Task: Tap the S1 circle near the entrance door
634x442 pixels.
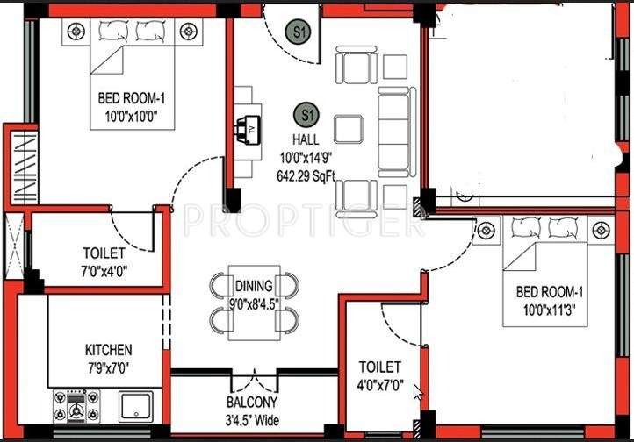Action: pos(301,32)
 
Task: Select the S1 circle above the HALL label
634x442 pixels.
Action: pos(306,114)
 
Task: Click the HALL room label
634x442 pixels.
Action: pos(306,139)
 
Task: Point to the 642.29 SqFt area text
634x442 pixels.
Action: pos(307,174)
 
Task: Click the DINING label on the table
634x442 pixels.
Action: pos(253,286)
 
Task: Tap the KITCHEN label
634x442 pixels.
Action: pos(109,349)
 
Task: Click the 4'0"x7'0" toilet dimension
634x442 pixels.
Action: pos(380,384)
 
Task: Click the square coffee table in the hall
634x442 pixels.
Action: pos(348,127)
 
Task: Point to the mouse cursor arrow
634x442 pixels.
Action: pos(418,392)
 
